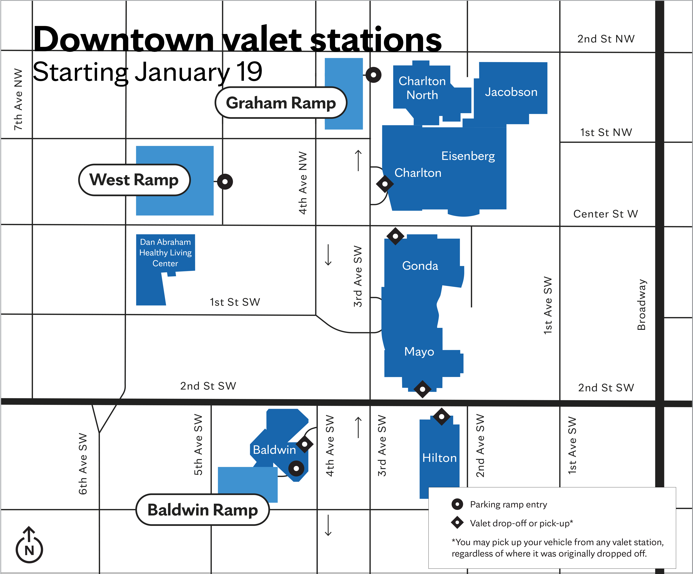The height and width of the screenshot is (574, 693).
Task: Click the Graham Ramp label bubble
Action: [x=281, y=103]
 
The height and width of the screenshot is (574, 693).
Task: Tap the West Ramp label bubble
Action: [x=134, y=180]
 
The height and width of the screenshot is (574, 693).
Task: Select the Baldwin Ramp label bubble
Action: [x=203, y=510]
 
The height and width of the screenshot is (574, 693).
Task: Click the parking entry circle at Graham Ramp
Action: [x=374, y=75]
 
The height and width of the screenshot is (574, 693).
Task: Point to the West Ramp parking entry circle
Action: [x=225, y=182]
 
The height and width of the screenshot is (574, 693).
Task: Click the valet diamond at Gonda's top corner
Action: [x=395, y=236]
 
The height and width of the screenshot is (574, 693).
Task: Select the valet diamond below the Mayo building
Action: [x=422, y=389]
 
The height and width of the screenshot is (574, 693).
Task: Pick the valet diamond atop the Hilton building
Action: [x=442, y=417]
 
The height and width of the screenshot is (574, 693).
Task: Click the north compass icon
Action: [x=29, y=546]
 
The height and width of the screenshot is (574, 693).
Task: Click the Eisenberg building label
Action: [x=468, y=156]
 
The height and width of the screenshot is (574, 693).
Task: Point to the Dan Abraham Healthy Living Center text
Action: [x=165, y=253]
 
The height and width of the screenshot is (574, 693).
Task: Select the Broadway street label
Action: [x=641, y=304]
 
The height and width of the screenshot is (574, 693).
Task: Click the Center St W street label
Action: [x=606, y=214]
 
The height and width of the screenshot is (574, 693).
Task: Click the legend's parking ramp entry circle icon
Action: [x=457, y=504]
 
